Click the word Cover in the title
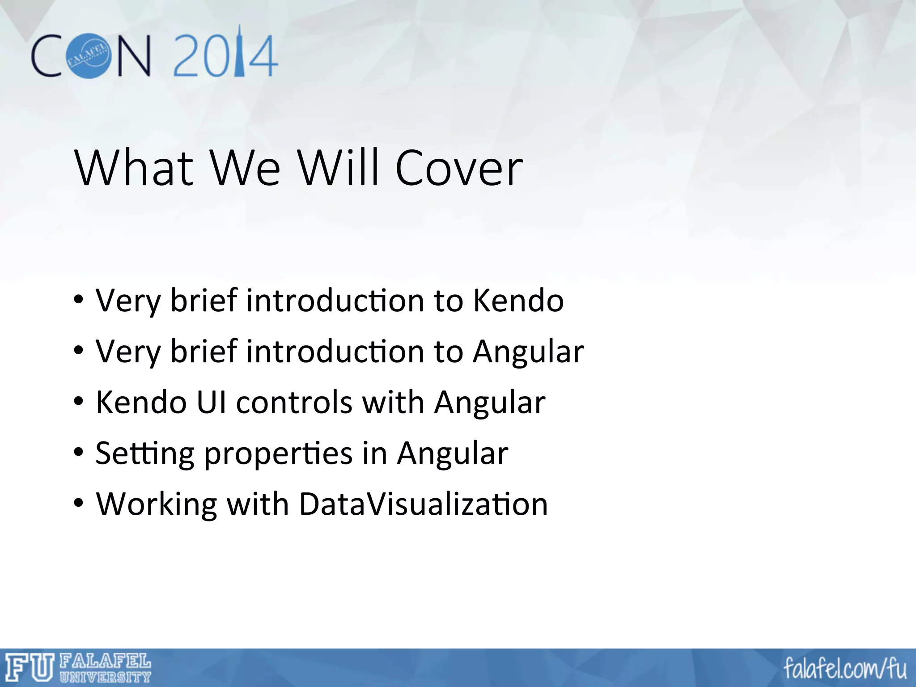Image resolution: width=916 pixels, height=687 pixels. tap(459, 168)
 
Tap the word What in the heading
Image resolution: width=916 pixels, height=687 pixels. tap(134, 168)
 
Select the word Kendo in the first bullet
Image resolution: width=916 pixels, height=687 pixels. tap(518, 301)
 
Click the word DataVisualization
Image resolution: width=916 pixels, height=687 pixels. tap(423, 504)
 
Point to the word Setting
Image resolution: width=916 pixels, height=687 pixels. tap(144, 454)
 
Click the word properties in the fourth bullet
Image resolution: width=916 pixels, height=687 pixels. tap(278, 454)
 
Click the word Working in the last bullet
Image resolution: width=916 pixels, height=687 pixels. tap(156, 504)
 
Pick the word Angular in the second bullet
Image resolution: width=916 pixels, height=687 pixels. tap(529, 352)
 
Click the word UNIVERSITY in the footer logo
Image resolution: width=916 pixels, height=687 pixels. tap(106, 677)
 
